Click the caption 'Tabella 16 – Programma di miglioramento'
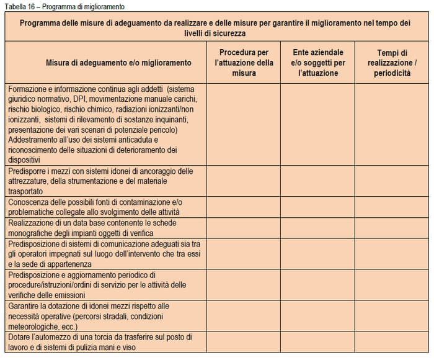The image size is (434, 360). tap(64, 7)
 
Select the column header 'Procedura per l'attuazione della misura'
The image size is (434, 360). tap(244, 63)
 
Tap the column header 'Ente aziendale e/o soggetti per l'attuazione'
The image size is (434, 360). tap(317, 63)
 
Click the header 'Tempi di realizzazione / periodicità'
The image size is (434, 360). tap(392, 63)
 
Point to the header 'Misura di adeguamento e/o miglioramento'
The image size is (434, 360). tap(118, 63)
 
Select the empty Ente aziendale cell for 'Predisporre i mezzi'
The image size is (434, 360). tap(317, 181)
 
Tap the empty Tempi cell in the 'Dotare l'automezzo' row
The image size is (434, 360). tap(392, 342)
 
